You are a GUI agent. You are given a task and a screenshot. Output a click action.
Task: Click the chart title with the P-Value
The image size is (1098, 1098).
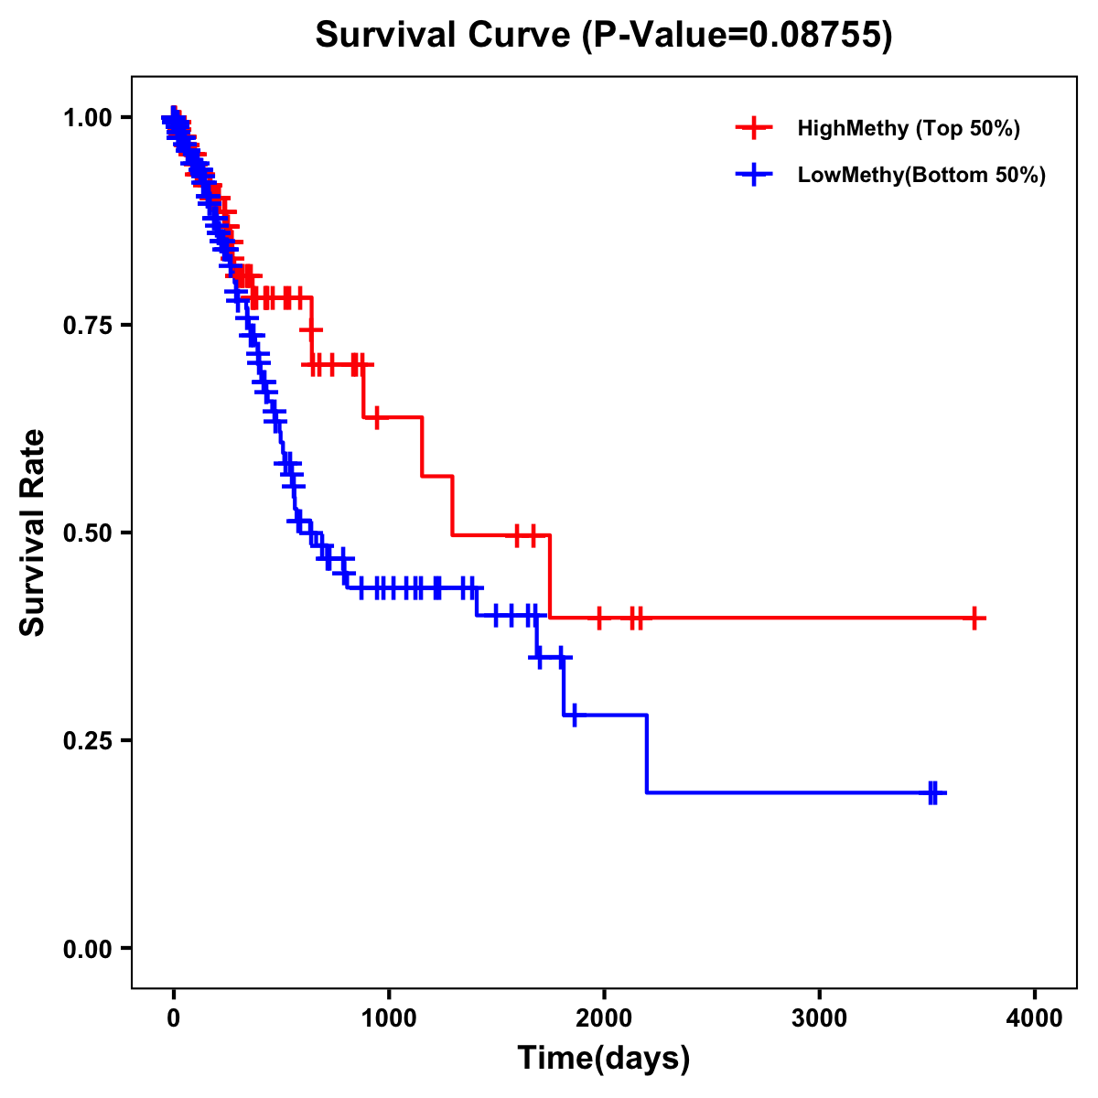[x=604, y=35]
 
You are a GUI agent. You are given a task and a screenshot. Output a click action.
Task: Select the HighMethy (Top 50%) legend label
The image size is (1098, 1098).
[x=909, y=128]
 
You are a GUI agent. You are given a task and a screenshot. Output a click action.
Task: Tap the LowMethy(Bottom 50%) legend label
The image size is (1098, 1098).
[x=921, y=175]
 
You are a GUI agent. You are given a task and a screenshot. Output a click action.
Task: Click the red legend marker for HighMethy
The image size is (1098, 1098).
[x=754, y=128]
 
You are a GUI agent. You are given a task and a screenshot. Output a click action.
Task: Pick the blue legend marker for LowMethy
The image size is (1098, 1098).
[x=754, y=175]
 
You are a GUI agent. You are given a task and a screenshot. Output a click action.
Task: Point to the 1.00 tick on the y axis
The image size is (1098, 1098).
[x=87, y=117]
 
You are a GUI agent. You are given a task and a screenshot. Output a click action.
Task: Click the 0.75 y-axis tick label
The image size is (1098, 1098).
[x=87, y=325]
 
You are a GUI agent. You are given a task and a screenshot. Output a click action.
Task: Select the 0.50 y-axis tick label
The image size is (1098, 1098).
[x=87, y=533]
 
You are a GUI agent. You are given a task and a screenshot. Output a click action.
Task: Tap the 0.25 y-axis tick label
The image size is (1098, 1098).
[x=87, y=740]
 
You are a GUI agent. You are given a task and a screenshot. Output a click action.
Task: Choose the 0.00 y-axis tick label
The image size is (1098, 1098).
[x=87, y=948]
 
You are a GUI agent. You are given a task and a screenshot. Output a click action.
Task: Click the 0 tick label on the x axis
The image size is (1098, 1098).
[x=174, y=1018]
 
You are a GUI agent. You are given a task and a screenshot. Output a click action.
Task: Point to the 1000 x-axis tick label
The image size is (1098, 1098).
[x=389, y=1018]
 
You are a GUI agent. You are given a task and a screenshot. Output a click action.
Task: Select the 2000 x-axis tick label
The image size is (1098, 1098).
[x=604, y=1018]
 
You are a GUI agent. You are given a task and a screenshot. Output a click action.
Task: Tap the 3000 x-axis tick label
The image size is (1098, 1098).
[x=819, y=1018]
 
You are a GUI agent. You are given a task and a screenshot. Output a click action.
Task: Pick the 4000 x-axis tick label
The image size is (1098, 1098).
[x=1035, y=1018]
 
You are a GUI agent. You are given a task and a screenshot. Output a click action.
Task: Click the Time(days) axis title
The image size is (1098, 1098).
[x=604, y=1059]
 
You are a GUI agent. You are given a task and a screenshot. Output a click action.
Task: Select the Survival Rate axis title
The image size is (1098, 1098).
[x=33, y=533]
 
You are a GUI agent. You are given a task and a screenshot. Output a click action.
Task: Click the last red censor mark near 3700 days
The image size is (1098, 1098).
[x=975, y=619]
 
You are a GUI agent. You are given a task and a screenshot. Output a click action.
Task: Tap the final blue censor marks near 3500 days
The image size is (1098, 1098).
[x=932, y=792]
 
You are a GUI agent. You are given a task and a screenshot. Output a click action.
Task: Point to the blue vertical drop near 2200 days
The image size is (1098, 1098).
[x=647, y=754]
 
